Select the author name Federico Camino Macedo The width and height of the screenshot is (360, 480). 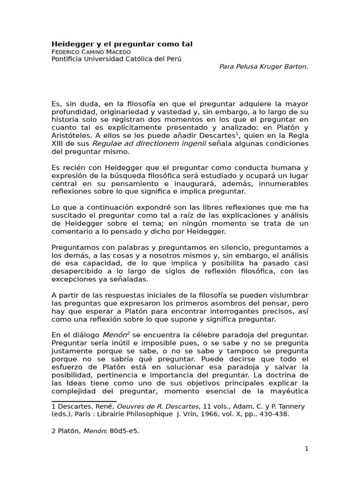91,52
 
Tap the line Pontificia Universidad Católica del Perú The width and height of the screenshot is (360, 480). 116,59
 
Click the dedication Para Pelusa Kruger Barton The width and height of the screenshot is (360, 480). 264,67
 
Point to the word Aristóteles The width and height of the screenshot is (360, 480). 71,135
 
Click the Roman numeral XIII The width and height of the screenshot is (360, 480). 58,143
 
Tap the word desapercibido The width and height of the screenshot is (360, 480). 76,272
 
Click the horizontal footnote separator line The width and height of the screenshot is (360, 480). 77,401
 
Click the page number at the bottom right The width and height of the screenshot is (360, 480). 307,449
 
